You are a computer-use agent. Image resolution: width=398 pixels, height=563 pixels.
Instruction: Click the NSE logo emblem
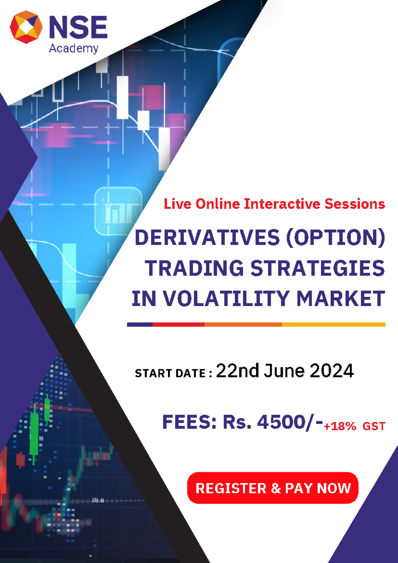click(26, 27)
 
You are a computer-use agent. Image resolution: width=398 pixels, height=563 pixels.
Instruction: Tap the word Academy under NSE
click(74, 48)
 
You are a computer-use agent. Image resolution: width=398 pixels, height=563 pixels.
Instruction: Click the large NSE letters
click(78, 27)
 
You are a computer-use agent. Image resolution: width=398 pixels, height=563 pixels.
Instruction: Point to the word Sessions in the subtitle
click(355, 204)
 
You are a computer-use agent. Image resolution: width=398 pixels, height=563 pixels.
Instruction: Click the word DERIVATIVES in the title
click(207, 238)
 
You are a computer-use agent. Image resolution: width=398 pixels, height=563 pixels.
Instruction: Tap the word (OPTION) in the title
click(335, 238)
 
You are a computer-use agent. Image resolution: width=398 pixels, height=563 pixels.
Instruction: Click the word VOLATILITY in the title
click(227, 299)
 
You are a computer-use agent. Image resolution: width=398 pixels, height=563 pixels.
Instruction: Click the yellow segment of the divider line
click(333, 325)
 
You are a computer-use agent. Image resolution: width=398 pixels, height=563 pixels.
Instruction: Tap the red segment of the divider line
click(178, 325)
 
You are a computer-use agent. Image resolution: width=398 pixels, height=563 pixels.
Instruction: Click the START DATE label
click(173, 374)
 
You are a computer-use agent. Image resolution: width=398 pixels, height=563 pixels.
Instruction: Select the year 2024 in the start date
click(332, 371)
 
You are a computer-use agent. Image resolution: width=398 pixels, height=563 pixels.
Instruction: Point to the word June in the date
click(284, 371)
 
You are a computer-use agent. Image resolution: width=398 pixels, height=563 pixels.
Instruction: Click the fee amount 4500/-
click(290, 422)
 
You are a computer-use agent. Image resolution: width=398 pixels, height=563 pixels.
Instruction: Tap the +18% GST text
click(355, 426)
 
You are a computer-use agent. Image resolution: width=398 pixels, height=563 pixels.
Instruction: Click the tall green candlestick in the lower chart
click(34, 434)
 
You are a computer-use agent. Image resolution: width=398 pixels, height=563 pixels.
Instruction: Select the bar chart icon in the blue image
click(119, 211)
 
